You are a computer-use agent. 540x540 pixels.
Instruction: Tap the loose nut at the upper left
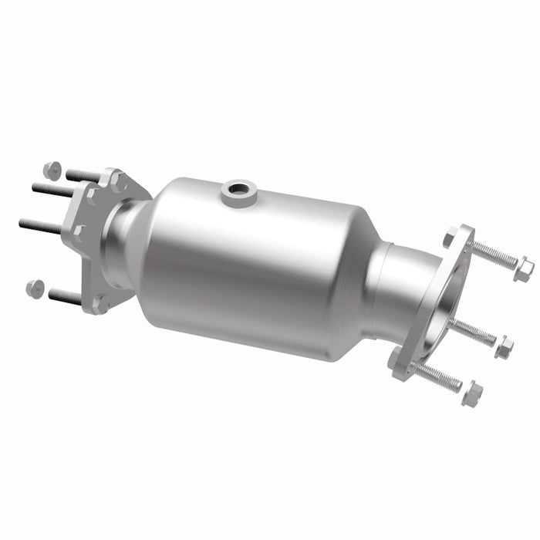pos(52,170)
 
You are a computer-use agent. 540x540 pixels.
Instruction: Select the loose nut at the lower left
pos(35,288)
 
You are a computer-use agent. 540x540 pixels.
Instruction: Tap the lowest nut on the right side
pos(472,393)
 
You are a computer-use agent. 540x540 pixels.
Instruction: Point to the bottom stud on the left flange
pos(66,295)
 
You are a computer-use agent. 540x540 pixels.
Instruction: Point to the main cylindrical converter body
pos(247,262)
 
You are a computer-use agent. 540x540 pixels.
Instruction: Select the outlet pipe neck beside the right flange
pos(397,285)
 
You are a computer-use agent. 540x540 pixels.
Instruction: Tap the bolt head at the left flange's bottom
pos(100,302)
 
